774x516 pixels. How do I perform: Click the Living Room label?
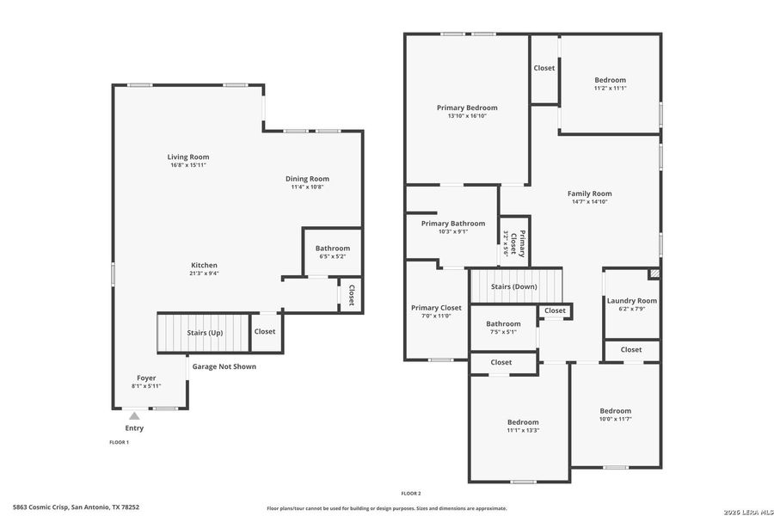pyautogui.click(x=187, y=157)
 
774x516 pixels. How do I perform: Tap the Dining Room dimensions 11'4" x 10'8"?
pyautogui.click(x=307, y=187)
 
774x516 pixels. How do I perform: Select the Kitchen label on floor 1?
pyautogui.click(x=204, y=265)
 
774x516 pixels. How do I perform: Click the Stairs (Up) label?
pyautogui.click(x=205, y=332)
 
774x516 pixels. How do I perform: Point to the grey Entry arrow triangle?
pyautogui.click(x=134, y=416)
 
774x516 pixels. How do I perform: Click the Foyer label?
pyautogui.click(x=146, y=378)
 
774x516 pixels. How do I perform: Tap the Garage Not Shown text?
pyautogui.click(x=224, y=366)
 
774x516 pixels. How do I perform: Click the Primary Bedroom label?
pyautogui.click(x=467, y=107)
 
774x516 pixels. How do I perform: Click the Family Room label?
pyautogui.click(x=589, y=193)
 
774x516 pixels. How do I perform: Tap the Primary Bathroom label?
pyautogui.click(x=452, y=224)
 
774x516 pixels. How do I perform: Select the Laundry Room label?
pyautogui.click(x=631, y=301)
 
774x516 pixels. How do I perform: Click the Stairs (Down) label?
pyautogui.click(x=513, y=286)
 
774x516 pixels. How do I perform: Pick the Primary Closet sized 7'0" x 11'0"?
pyautogui.click(x=436, y=308)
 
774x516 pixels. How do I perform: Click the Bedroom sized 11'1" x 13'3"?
pyautogui.click(x=522, y=422)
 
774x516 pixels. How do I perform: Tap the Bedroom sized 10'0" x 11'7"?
pyautogui.click(x=615, y=411)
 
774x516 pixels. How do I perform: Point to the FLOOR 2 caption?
pyautogui.click(x=410, y=494)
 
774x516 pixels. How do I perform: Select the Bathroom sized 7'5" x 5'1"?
pyautogui.click(x=503, y=324)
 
